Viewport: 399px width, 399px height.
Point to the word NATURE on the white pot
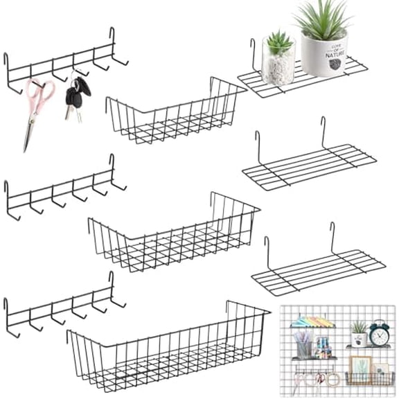coord(334,51)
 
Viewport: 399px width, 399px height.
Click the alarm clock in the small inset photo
coord(378,334)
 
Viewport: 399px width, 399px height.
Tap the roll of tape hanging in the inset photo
coord(333,379)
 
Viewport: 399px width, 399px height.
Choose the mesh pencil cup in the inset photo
coord(304,347)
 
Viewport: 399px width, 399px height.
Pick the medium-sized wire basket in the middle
coord(173,232)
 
